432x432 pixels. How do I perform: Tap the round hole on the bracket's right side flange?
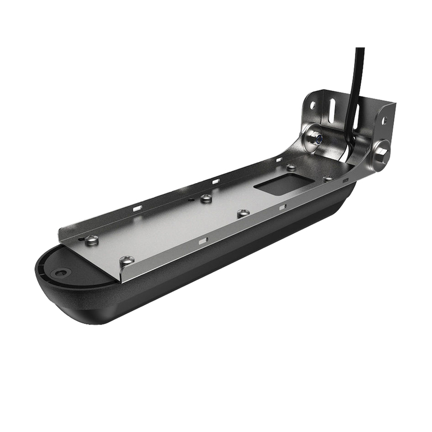tap(384, 122)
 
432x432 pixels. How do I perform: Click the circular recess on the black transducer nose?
tap(61, 273)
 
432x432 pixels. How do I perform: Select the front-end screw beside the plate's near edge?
tap(126, 260)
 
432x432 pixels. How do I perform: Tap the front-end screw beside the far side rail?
tap(91, 239)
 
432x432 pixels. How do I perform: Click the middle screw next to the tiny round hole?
tap(206, 198)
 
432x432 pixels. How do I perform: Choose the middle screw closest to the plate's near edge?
tap(243, 213)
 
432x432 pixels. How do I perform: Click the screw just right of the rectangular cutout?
tap(328, 179)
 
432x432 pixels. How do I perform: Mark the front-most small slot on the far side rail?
tap(138, 207)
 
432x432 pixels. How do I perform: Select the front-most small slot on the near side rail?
tap(202, 240)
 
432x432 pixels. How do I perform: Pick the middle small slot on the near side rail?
tap(282, 206)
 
